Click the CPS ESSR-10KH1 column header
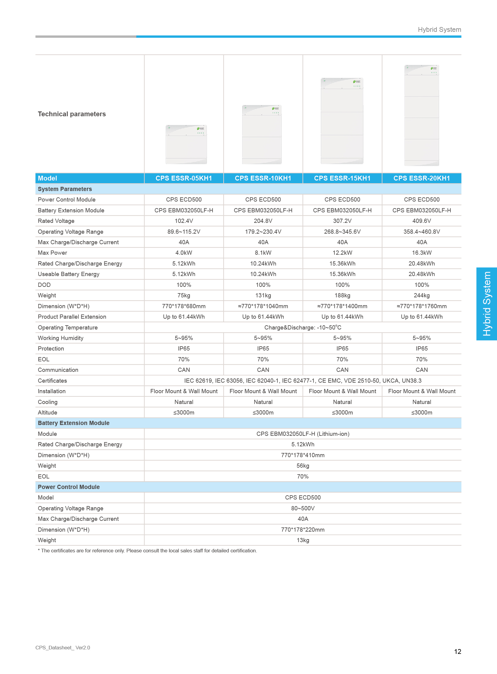click(263, 178)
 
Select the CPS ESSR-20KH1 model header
click(422, 178)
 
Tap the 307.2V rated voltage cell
click(342, 221)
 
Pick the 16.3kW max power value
click(422, 253)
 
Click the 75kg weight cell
click(184, 296)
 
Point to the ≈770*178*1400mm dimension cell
click(342, 306)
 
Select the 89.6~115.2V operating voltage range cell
click(184, 232)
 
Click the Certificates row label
click(52, 381)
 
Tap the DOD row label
click(44, 285)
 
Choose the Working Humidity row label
click(60, 338)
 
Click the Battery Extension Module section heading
click(73, 423)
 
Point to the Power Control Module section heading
click(69, 487)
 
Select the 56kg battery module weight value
click(303, 466)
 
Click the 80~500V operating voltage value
click(303, 508)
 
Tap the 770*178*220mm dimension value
click(303, 530)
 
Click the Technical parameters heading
click(72, 114)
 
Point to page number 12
click(457, 652)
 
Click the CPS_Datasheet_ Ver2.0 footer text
click(63, 648)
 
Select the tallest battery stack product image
click(422, 116)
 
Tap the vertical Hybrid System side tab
click(486, 304)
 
